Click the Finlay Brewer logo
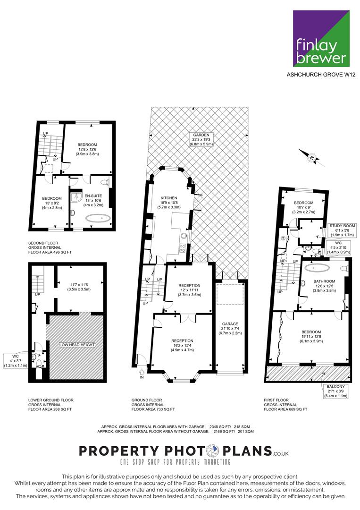pos(321,38)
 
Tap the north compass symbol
pos(312,158)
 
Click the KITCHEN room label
pos(169,198)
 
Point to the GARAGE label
pos(230,324)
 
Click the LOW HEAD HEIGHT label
pos(77,345)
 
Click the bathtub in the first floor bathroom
pos(318,268)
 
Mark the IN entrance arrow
pos(142,373)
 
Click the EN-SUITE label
pos(93,196)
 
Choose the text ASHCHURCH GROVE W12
pos(321,75)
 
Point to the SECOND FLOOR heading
pos(43,243)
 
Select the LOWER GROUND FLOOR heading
pos(50,400)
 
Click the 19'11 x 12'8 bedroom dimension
pos(311,337)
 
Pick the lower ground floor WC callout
pos(16,361)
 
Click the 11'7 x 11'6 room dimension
pos(79,285)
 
